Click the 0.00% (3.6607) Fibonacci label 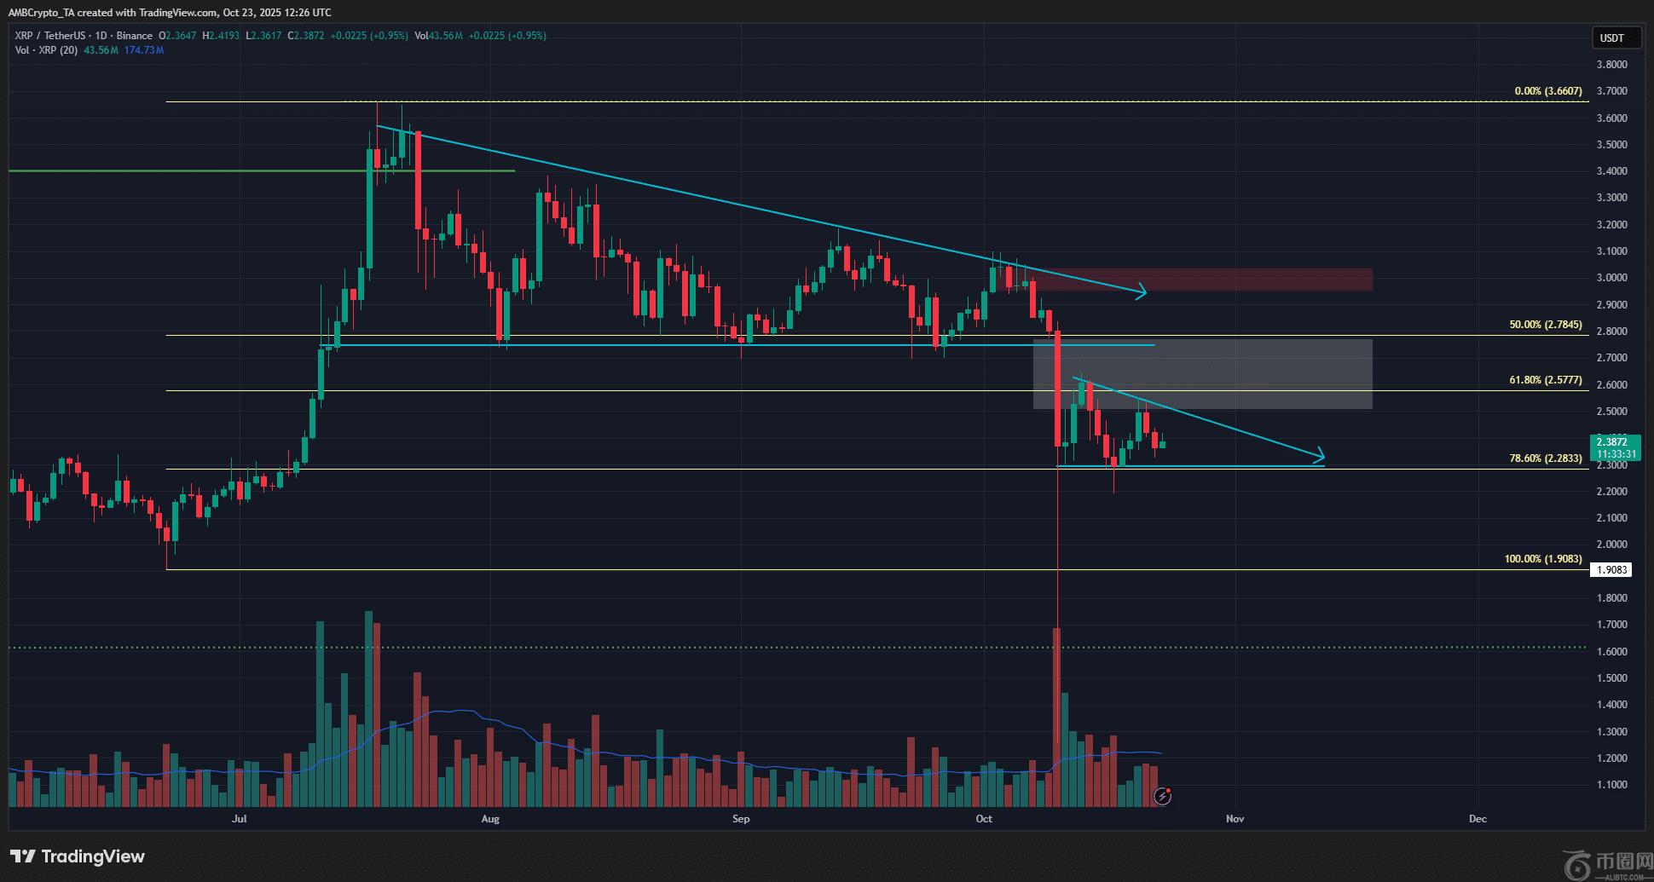pos(1547,91)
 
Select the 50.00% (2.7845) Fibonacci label pos(1545,325)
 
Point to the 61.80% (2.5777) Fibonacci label pos(1545,380)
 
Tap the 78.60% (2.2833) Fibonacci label pos(1545,458)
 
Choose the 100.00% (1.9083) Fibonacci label pos(1542,559)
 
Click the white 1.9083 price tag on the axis pos(1611,570)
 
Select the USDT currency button pos(1611,38)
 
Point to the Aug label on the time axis pos(490,819)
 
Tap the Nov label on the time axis pos(1235,819)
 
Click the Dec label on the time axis pos(1478,819)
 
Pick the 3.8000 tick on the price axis pos(1611,65)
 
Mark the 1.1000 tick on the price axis pos(1611,785)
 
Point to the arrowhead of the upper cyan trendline pos(1142,294)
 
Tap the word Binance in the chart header pos(135,36)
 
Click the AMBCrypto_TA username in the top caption pos(43,13)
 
